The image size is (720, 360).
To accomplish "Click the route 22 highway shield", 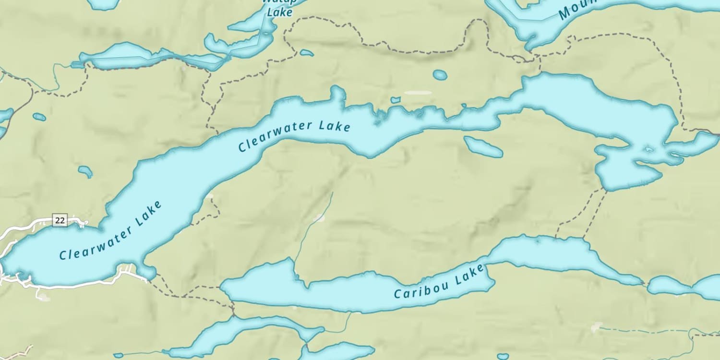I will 60,220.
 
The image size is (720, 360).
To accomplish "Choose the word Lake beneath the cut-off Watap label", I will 279,12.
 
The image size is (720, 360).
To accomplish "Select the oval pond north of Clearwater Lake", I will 440,75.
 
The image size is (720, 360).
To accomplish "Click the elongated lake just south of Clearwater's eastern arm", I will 483,147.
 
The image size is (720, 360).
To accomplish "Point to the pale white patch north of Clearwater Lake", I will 417,93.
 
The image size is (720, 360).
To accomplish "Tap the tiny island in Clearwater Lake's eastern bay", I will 649,149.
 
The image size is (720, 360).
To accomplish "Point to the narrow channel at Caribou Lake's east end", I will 646,284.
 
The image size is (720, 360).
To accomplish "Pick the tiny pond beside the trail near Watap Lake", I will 306,52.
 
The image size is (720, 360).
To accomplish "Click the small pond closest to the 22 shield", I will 85,171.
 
